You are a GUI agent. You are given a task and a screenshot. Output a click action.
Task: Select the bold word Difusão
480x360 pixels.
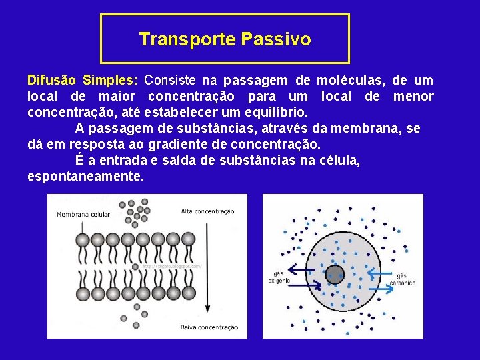tap(53, 81)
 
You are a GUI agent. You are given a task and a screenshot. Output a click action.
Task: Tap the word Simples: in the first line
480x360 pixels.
tap(110, 81)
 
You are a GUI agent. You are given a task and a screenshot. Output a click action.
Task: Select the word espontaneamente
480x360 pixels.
tap(85, 177)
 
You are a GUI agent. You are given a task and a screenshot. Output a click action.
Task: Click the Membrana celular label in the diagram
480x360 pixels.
tap(83, 215)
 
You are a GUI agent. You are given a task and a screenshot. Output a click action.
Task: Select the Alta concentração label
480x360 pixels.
tap(207, 211)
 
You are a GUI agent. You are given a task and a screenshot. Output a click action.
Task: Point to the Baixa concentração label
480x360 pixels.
tap(209, 327)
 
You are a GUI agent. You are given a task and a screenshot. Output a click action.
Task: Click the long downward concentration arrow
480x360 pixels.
tap(207, 267)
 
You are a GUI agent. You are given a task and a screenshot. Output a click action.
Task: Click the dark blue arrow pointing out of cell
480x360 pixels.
tap(302, 269)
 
